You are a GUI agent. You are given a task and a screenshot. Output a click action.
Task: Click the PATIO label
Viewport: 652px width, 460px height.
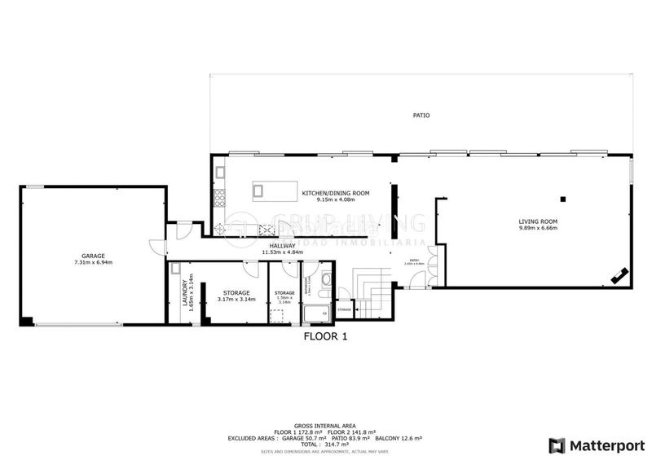click(421, 116)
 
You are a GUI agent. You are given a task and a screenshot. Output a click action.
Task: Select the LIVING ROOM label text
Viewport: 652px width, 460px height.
click(538, 221)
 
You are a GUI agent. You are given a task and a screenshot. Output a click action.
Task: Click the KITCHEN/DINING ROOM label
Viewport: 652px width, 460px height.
click(336, 193)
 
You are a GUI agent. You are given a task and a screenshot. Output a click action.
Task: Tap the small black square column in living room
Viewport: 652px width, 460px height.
click(563, 199)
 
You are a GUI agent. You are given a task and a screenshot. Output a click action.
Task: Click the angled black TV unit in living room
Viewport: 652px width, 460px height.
click(620, 277)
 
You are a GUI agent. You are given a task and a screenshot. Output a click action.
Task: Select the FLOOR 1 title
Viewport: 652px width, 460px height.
click(326, 335)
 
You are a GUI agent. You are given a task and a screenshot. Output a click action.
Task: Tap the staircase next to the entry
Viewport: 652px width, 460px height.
click(374, 298)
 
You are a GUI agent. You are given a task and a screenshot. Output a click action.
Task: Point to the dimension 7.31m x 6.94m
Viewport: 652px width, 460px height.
click(93, 262)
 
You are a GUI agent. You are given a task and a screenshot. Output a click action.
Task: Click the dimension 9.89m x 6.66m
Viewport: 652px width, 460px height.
click(538, 229)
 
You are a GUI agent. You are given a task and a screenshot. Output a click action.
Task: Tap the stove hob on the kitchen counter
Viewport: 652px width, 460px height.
click(219, 195)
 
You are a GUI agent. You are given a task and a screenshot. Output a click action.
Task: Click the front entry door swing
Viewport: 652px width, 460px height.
click(419, 280)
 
